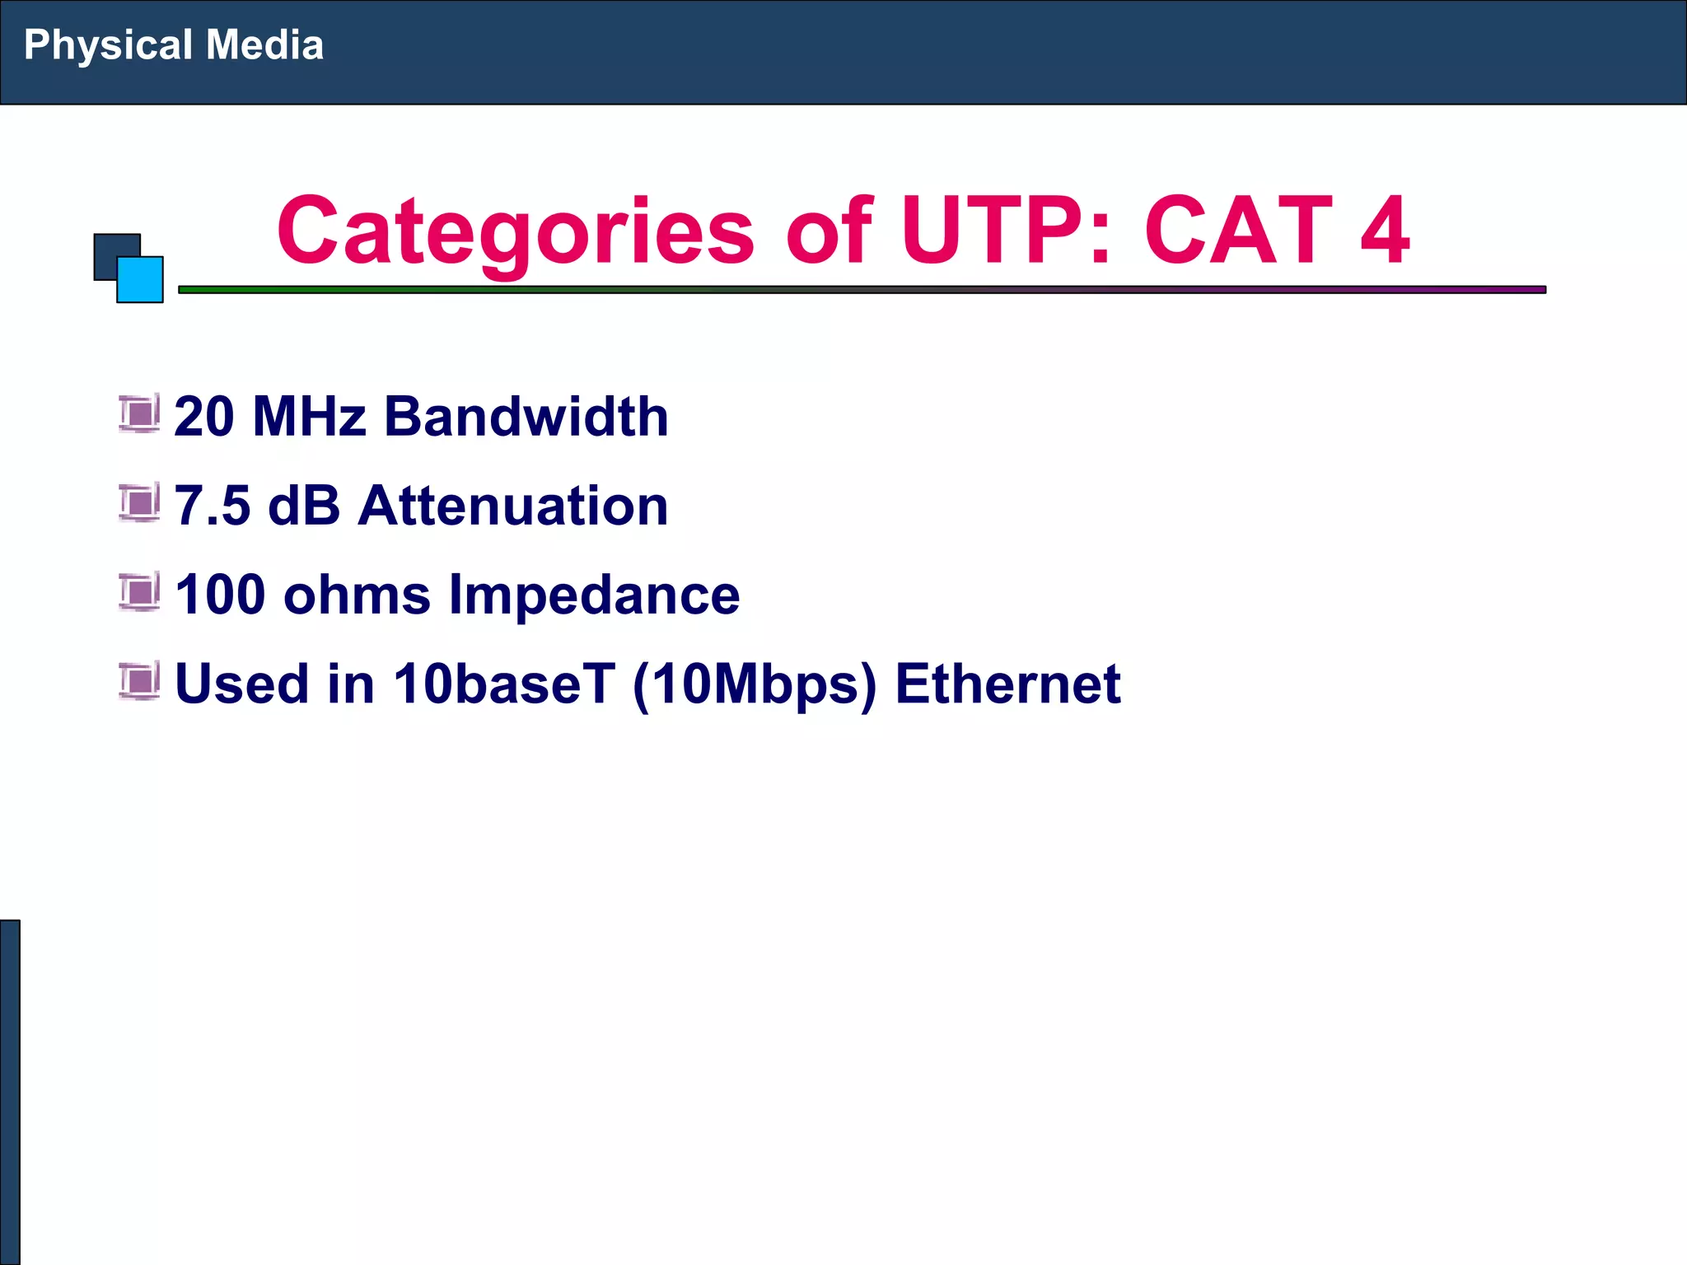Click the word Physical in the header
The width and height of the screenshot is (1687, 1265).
pyautogui.click(x=108, y=46)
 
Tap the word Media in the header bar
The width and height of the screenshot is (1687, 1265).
pyautogui.click(x=264, y=44)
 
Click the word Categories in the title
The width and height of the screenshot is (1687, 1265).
pyautogui.click(x=515, y=232)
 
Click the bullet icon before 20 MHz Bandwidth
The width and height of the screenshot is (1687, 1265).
pyautogui.click(x=139, y=414)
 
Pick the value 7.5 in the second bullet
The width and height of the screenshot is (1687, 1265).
pyautogui.click(x=213, y=505)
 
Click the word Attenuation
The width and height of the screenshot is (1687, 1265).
pyautogui.click(x=512, y=505)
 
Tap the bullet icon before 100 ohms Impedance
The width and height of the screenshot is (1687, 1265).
pyautogui.click(x=139, y=592)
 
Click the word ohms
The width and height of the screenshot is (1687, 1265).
pyautogui.click(x=357, y=595)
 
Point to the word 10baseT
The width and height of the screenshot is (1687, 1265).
pyautogui.click(x=503, y=684)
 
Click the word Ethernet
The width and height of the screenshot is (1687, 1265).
pyautogui.click(x=1007, y=684)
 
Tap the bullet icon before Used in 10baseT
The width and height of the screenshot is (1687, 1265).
pyautogui.click(x=139, y=681)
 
